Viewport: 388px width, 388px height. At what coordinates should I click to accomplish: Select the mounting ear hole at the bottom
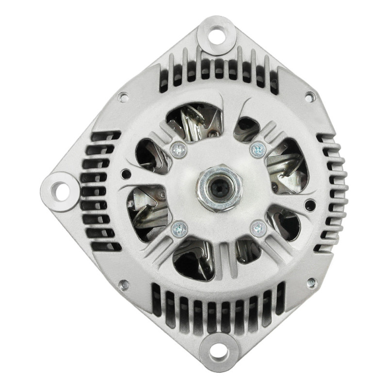(214, 352)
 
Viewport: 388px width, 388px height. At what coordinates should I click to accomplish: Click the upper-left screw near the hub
(178, 150)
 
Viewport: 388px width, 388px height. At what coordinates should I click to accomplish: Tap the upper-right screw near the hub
(257, 149)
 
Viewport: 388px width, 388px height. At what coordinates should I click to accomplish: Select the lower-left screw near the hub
(178, 226)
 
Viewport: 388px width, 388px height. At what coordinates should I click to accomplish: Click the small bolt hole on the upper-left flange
(124, 97)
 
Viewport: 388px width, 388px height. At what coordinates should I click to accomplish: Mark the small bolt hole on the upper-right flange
(309, 97)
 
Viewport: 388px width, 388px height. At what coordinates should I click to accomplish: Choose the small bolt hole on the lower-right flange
(310, 282)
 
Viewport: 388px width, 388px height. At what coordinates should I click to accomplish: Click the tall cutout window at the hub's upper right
(286, 165)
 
